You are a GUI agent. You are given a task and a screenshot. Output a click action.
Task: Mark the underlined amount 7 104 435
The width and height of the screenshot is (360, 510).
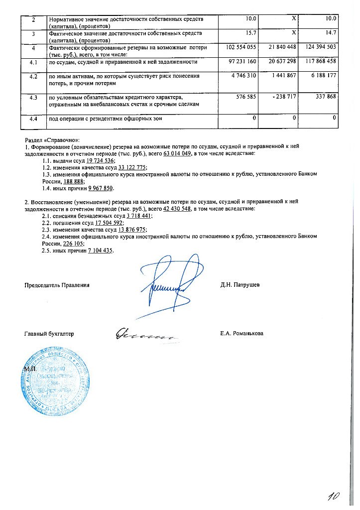click(x=100, y=250)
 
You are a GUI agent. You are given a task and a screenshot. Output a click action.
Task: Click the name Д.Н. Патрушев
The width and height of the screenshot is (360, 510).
click(x=240, y=285)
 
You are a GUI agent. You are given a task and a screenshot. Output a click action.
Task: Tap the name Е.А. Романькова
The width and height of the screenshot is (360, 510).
click(x=242, y=333)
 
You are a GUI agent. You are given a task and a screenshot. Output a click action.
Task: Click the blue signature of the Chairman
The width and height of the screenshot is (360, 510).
click(x=167, y=284)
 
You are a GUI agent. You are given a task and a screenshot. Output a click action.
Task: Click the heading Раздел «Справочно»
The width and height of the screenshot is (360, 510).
click(x=52, y=141)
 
